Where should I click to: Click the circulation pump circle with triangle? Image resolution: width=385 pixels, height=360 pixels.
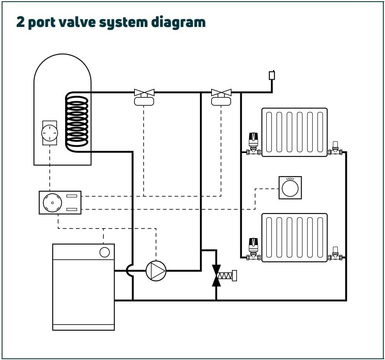(156, 271)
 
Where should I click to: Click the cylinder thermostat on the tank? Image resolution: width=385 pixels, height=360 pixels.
(50, 133)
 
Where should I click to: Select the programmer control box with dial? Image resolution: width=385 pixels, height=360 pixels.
(60, 202)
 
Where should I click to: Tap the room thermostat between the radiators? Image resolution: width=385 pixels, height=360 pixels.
(290, 188)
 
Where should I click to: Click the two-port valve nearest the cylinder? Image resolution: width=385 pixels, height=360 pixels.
(144, 97)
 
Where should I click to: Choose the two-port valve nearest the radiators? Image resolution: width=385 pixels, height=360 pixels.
(221, 97)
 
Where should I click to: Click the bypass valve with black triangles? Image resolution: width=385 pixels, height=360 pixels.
(216, 275)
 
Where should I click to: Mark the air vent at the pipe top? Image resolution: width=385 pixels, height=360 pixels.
(272, 75)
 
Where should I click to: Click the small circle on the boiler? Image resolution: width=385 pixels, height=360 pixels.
(105, 252)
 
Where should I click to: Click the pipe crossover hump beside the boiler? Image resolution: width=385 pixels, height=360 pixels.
(130, 271)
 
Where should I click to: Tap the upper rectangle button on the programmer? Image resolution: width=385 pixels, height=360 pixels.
(72, 196)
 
